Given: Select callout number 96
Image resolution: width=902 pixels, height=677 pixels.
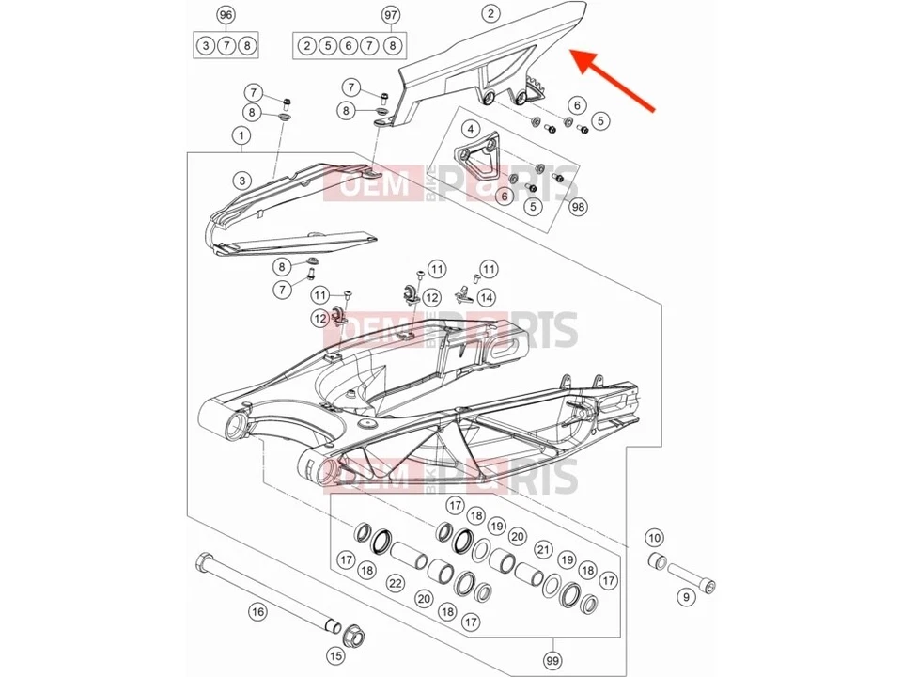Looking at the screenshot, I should (225, 15).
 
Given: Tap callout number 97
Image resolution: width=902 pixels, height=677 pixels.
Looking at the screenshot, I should (391, 15).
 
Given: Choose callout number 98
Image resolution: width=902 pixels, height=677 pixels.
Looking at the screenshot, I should (577, 206).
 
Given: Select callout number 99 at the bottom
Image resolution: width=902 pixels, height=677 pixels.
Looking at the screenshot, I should (552, 661).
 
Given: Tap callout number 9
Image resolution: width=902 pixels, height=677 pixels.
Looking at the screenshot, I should (685, 596).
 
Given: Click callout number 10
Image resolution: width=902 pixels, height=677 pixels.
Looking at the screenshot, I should (655, 538).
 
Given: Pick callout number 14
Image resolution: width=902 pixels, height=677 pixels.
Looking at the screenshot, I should (485, 297).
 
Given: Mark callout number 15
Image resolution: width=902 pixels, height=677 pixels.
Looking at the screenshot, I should (334, 655).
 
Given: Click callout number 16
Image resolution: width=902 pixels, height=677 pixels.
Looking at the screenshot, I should (257, 612).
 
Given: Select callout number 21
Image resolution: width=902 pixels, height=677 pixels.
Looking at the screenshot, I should (542, 548).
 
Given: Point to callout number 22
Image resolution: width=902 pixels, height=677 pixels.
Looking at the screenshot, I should (396, 584).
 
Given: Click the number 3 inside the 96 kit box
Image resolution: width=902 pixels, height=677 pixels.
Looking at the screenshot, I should (206, 45).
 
